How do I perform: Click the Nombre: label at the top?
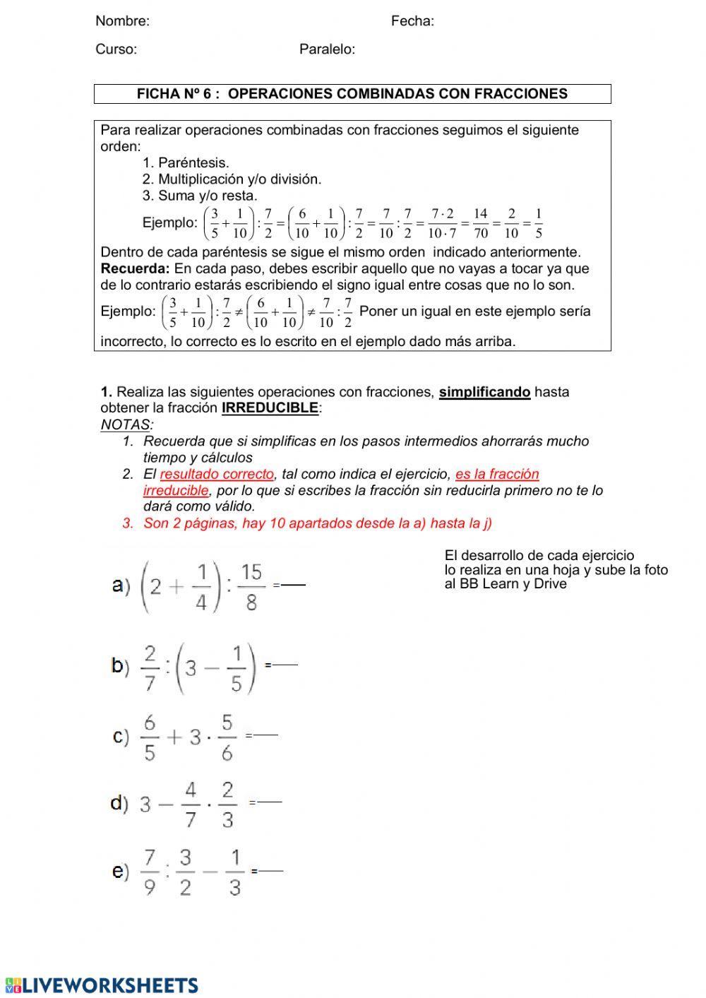(x=122, y=21)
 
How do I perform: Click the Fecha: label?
(x=412, y=21)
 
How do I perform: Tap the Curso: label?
(x=116, y=49)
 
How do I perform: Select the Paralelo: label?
(x=327, y=49)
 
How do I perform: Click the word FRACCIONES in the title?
(x=521, y=94)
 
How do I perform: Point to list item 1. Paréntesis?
(x=186, y=163)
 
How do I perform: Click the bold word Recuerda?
(x=135, y=268)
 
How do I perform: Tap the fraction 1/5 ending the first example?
(x=539, y=223)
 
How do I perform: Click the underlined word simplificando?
(x=484, y=392)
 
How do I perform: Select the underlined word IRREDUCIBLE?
(x=270, y=408)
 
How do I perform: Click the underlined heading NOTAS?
(x=126, y=424)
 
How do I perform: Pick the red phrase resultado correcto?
(x=217, y=474)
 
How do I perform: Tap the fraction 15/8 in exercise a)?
(x=251, y=586)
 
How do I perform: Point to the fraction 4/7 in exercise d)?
(x=190, y=804)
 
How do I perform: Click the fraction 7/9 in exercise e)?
(x=150, y=872)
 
